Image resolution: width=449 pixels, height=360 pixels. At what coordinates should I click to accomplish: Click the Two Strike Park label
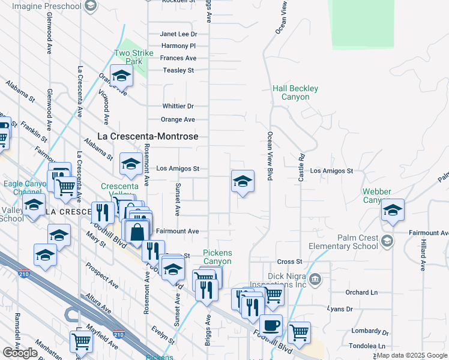128,57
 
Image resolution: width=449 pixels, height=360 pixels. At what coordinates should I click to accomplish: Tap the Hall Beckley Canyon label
295,92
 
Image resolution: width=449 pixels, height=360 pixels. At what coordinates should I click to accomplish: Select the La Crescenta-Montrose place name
148,137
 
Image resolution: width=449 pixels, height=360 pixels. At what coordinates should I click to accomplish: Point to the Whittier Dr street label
178,106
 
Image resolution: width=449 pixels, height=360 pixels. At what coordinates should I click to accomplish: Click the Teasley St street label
179,70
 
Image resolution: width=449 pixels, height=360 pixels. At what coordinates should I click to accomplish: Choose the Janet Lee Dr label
179,34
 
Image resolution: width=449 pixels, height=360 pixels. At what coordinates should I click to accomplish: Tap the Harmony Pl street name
179,46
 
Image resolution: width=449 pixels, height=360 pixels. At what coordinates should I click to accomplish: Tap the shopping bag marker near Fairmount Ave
137,230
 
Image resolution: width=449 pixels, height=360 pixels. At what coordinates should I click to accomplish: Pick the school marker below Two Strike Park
121,76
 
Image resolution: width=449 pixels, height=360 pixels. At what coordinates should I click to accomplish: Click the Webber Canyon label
376,196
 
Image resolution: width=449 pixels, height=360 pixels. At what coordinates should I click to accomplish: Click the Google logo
20,353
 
